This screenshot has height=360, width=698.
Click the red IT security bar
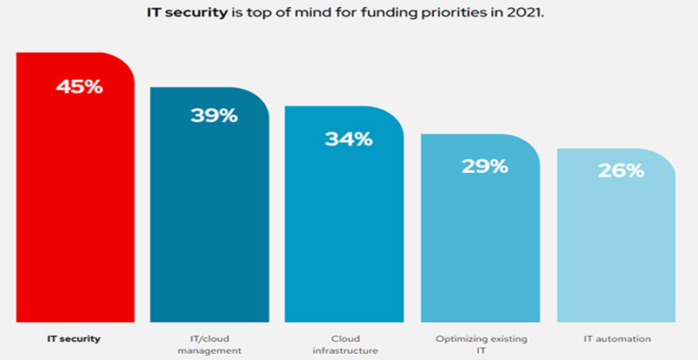point(74,199)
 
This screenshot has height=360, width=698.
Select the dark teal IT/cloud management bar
point(209,216)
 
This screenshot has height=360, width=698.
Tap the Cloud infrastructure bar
point(344,225)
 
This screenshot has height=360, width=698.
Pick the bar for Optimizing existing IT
point(480,238)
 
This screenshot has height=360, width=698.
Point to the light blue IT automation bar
point(616,247)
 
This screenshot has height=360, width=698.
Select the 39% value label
point(214,114)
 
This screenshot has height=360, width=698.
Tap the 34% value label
point(348,138)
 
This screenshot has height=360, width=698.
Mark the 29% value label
point(484,165)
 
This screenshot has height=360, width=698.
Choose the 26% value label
point(621,170)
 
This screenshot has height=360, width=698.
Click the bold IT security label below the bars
point(74,338)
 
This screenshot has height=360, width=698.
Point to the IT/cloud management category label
point(210,344)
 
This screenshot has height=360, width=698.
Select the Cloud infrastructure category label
point(346,344)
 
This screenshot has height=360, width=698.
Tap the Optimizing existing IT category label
point(481,344)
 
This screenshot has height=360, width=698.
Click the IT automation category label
point(617,338)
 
